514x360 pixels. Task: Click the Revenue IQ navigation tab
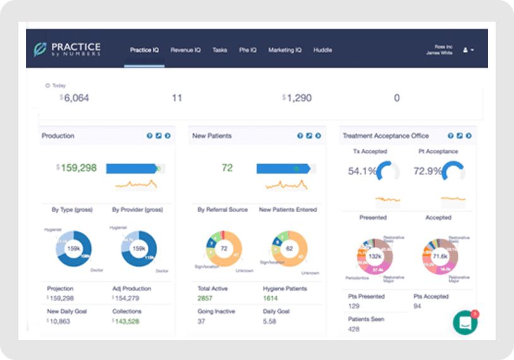point(185,50)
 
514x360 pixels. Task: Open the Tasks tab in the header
point(220,50)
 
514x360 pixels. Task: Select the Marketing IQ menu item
point(285,50)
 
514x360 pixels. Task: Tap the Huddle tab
point(322,50)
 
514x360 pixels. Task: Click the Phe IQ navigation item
point(248,50)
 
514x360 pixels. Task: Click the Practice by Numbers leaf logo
point(40,50)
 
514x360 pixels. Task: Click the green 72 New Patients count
point(227,168)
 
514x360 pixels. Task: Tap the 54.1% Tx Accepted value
point(362,171)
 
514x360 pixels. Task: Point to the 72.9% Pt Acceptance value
point(427,171)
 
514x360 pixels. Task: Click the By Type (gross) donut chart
point(74,248)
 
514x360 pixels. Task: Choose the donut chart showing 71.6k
point(439,256)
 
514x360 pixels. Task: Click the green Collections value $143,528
point(126,321)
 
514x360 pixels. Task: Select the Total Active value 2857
point(205,297)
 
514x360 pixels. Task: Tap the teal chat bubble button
point(465,322)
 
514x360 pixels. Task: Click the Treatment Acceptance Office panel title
point(385,136)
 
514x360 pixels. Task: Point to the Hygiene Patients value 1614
point(270,297)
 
